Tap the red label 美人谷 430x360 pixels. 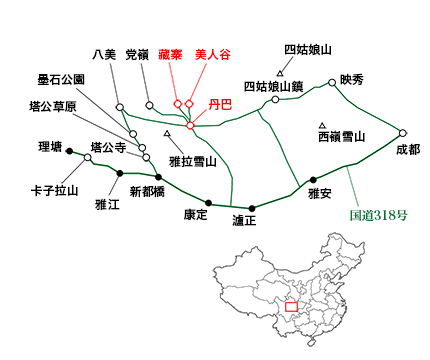(x=213, y=55)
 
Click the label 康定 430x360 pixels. (x=196, y=215)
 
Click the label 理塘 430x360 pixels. (x=50, y=145)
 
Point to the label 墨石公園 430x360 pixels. (x=61, y=78)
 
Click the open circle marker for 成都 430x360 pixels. (x=403, y=132)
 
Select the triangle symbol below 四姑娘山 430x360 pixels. (x=281, y=72)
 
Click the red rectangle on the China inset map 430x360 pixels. (x=292, y=307)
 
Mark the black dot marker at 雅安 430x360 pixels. (x=313, y=180)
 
